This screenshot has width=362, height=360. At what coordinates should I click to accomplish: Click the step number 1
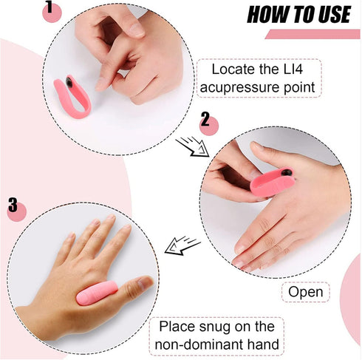pyautogui.click(x=49, y=7)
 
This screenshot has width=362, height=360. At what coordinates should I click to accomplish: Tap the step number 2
pyautogui.click(x=205, y=119)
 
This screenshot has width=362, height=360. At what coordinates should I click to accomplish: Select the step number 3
pyautogui.click(x=13, y=204)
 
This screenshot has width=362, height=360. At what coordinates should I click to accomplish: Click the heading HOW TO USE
pyautogui.click(x=299, y=15)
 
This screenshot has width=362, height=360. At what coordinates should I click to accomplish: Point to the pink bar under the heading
pyautogui.click(x=313, y=34)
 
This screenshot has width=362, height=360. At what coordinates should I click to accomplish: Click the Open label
pyautogui.click(x=305, y=292)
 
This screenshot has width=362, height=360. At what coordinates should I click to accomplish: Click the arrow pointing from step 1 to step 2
pyautogui.click(x=193, y=147)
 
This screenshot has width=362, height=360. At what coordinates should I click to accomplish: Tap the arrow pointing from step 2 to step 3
pyautogui.click(x=182, y=245)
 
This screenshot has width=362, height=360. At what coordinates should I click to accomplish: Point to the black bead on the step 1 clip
pyautogui.click(x=69, y=82)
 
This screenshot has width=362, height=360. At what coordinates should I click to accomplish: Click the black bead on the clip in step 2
pyautogui.click(x=287, y=172)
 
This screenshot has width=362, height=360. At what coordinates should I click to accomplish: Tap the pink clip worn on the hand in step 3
pyautogui.click(x=97, y=293)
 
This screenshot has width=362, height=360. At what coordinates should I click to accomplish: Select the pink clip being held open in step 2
pyautogui.click(x=272, y=183)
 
